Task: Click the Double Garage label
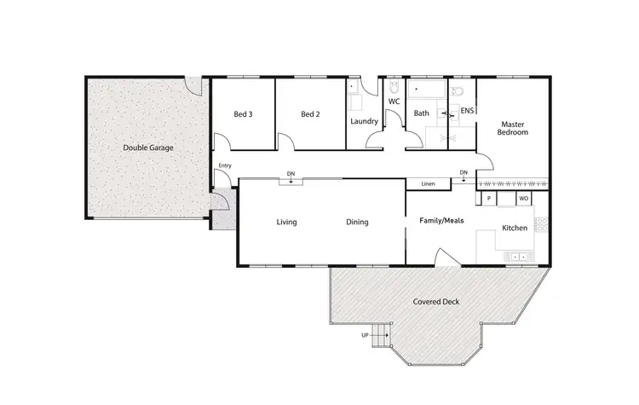(x=148, y=148)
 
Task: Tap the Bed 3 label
(x=243, y=114)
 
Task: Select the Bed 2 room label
(x=310, y=114)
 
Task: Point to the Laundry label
(x=364, y=121)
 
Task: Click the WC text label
(x=394, y=101)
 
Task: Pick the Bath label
(x=421, y=113)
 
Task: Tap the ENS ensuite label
(x=467, y=111)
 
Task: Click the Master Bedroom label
(x=514, y=128)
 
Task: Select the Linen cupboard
(x=428, y=184)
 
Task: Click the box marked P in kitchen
(x=489, y=199)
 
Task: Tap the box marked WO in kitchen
(x=524, y=199)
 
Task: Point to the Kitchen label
(x=514, y=228)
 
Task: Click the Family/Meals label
(x=440, y=220)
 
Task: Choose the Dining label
(x=357, y=223)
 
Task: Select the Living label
(x=286, y=223)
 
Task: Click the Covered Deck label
(x=433, y=302)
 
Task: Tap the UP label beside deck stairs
(x=366, y=335)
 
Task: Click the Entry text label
(x=225, y=165)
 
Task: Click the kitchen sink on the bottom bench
(x=517, y=256)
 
